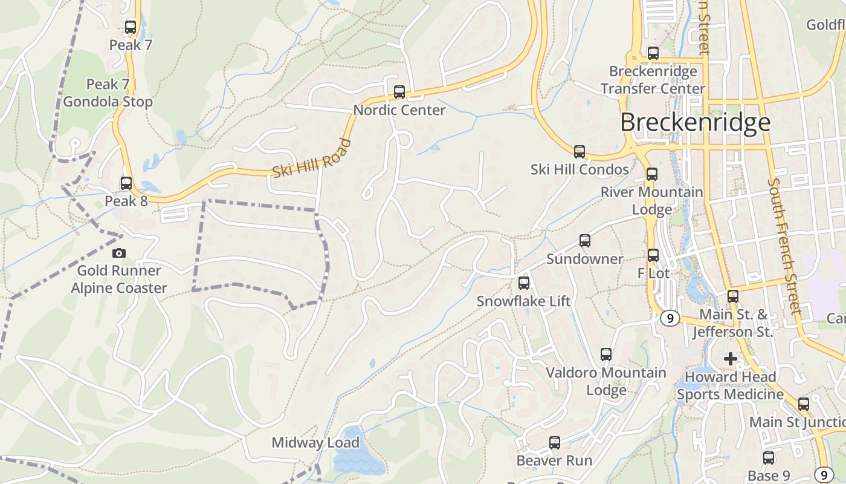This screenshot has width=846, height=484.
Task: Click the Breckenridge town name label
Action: [x=695, y=122]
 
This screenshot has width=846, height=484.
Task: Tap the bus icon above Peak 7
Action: [x=131, y=27]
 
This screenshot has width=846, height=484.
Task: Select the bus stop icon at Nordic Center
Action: [x=399, y=92]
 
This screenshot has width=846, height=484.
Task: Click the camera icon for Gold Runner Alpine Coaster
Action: [x=119, y=253]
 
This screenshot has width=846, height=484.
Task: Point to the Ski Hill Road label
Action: [x=311, y=159]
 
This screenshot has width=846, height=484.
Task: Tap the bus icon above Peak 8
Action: [x=126, y=183]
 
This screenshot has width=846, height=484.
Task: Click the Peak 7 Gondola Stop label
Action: [x=108, y=93]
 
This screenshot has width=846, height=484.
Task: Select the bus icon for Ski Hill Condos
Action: [x=580, y=151]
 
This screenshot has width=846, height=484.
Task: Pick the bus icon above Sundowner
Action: [x=584, y=241]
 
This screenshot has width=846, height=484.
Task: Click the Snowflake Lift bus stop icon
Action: [x=524, y=283]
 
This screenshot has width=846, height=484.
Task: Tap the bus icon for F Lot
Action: [x=653, y=255]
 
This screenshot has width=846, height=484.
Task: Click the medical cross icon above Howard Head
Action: [x=731, y=359]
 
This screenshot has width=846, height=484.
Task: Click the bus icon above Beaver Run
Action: [x=554, y=443]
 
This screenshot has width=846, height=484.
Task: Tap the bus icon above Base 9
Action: [x=769, y=458]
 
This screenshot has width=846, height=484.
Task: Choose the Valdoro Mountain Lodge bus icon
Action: [x=606, y=355]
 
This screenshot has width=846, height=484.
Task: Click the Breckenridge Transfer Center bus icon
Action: [x=653, y=53]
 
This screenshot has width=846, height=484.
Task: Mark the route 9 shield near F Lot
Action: [x=670, y=318]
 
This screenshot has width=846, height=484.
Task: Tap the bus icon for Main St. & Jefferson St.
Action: [x=733, y=296]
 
